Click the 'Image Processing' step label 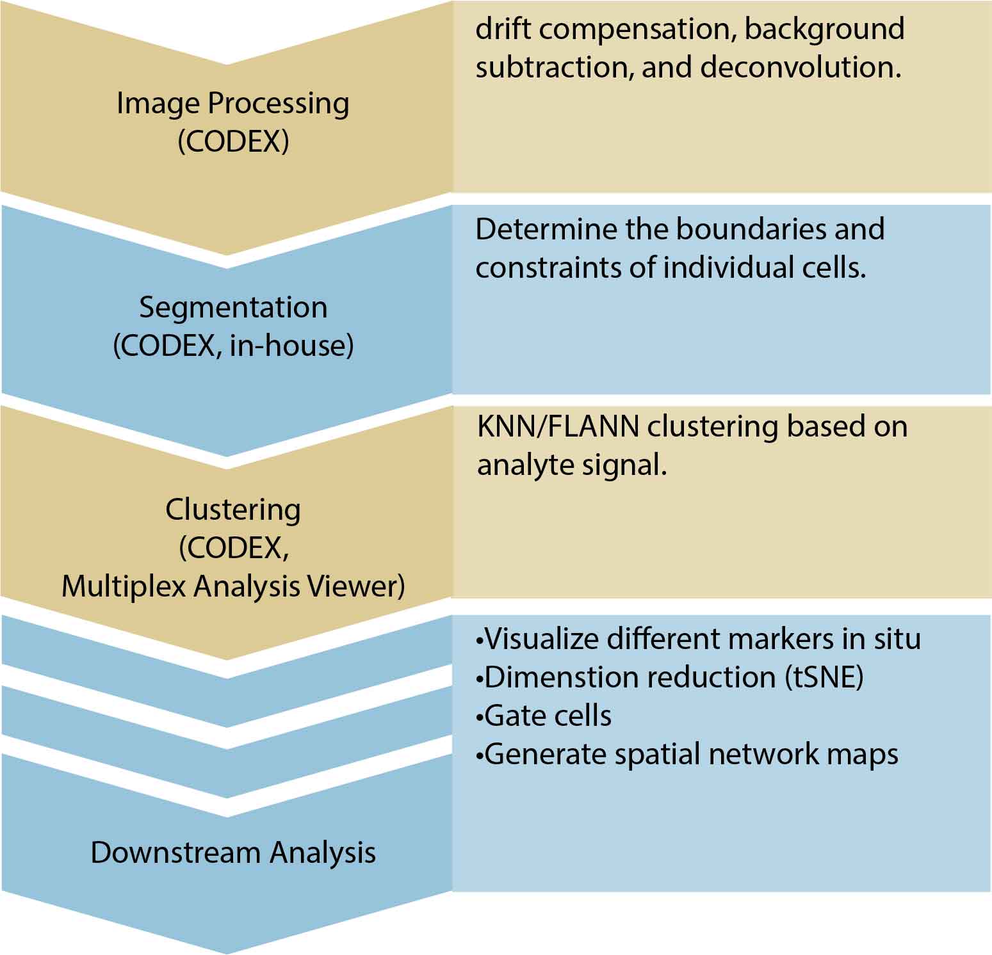coord(232,104)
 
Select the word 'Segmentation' coord(233,308)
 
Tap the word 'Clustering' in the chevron coord(233,510)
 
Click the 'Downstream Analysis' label coord(233,853)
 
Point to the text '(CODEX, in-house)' coord(233,346)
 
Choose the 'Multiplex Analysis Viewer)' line coord(233,586)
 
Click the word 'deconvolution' coord(801,67)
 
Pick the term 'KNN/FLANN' coord(558,426)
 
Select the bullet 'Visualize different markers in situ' coord(698,639)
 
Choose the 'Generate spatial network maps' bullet coord(688,754)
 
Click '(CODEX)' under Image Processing coord(233,141)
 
